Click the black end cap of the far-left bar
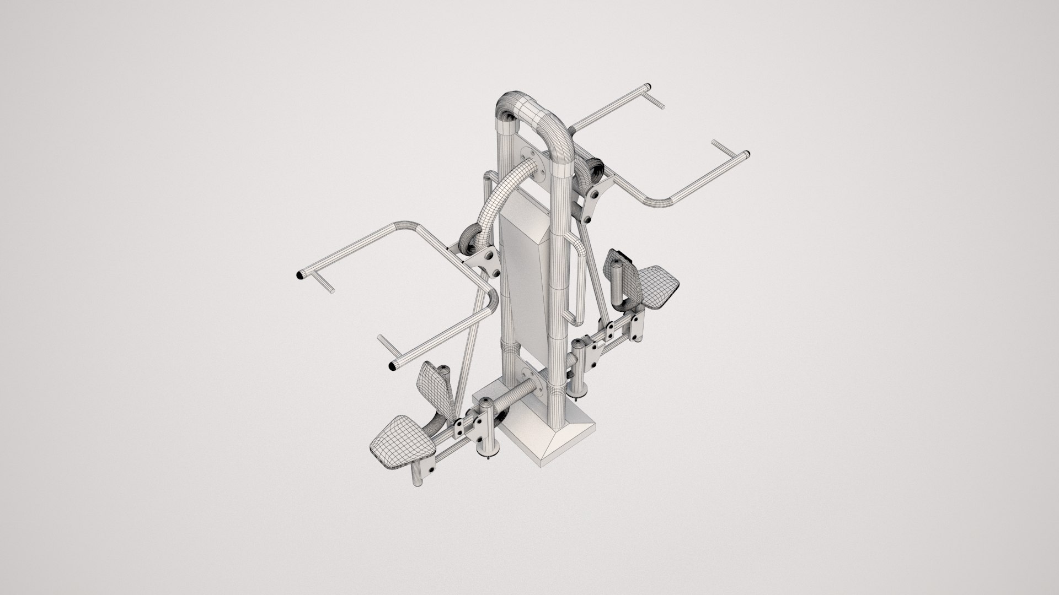click(x=301, y=274)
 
